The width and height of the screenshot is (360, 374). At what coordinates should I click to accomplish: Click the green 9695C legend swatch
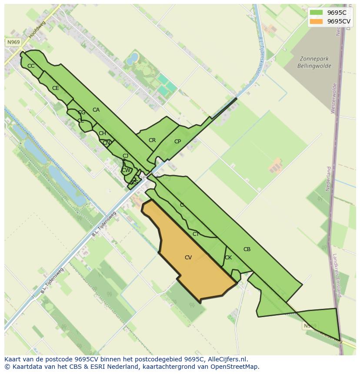(x=316, y=13)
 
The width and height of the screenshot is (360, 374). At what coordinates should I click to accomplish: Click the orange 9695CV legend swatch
(x=316, y=21)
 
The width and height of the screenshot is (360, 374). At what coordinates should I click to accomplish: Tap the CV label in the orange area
(x=188, y=258)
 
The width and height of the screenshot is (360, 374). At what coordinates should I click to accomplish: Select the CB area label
(x=247, y=249)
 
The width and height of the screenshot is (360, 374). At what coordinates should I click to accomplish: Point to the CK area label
(x=228, y=258)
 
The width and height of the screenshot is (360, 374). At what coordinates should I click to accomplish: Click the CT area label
(x=196, y=234)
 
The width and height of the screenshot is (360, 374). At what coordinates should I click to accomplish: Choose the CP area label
(x=177, y=142)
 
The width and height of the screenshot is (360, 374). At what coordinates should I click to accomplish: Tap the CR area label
(x=152, y=140)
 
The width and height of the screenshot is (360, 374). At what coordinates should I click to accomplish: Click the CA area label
(x=96, y=110)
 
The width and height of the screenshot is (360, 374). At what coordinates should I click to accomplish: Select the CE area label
(x=56, y=88)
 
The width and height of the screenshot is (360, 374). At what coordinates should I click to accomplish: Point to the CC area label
(x=31, y=66)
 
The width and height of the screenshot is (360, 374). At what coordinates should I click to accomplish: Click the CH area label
(x=102, y=133)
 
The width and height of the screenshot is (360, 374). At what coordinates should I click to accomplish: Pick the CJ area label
(x=125, y=156)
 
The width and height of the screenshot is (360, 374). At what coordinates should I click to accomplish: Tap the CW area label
(x=126, y=170)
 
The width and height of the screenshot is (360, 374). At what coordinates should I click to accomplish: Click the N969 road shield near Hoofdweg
(x=13, y=42)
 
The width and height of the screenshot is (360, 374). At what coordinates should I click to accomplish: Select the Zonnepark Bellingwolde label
(x=314, y=63)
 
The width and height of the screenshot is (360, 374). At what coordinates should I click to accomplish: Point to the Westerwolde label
(x=334, y=98)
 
